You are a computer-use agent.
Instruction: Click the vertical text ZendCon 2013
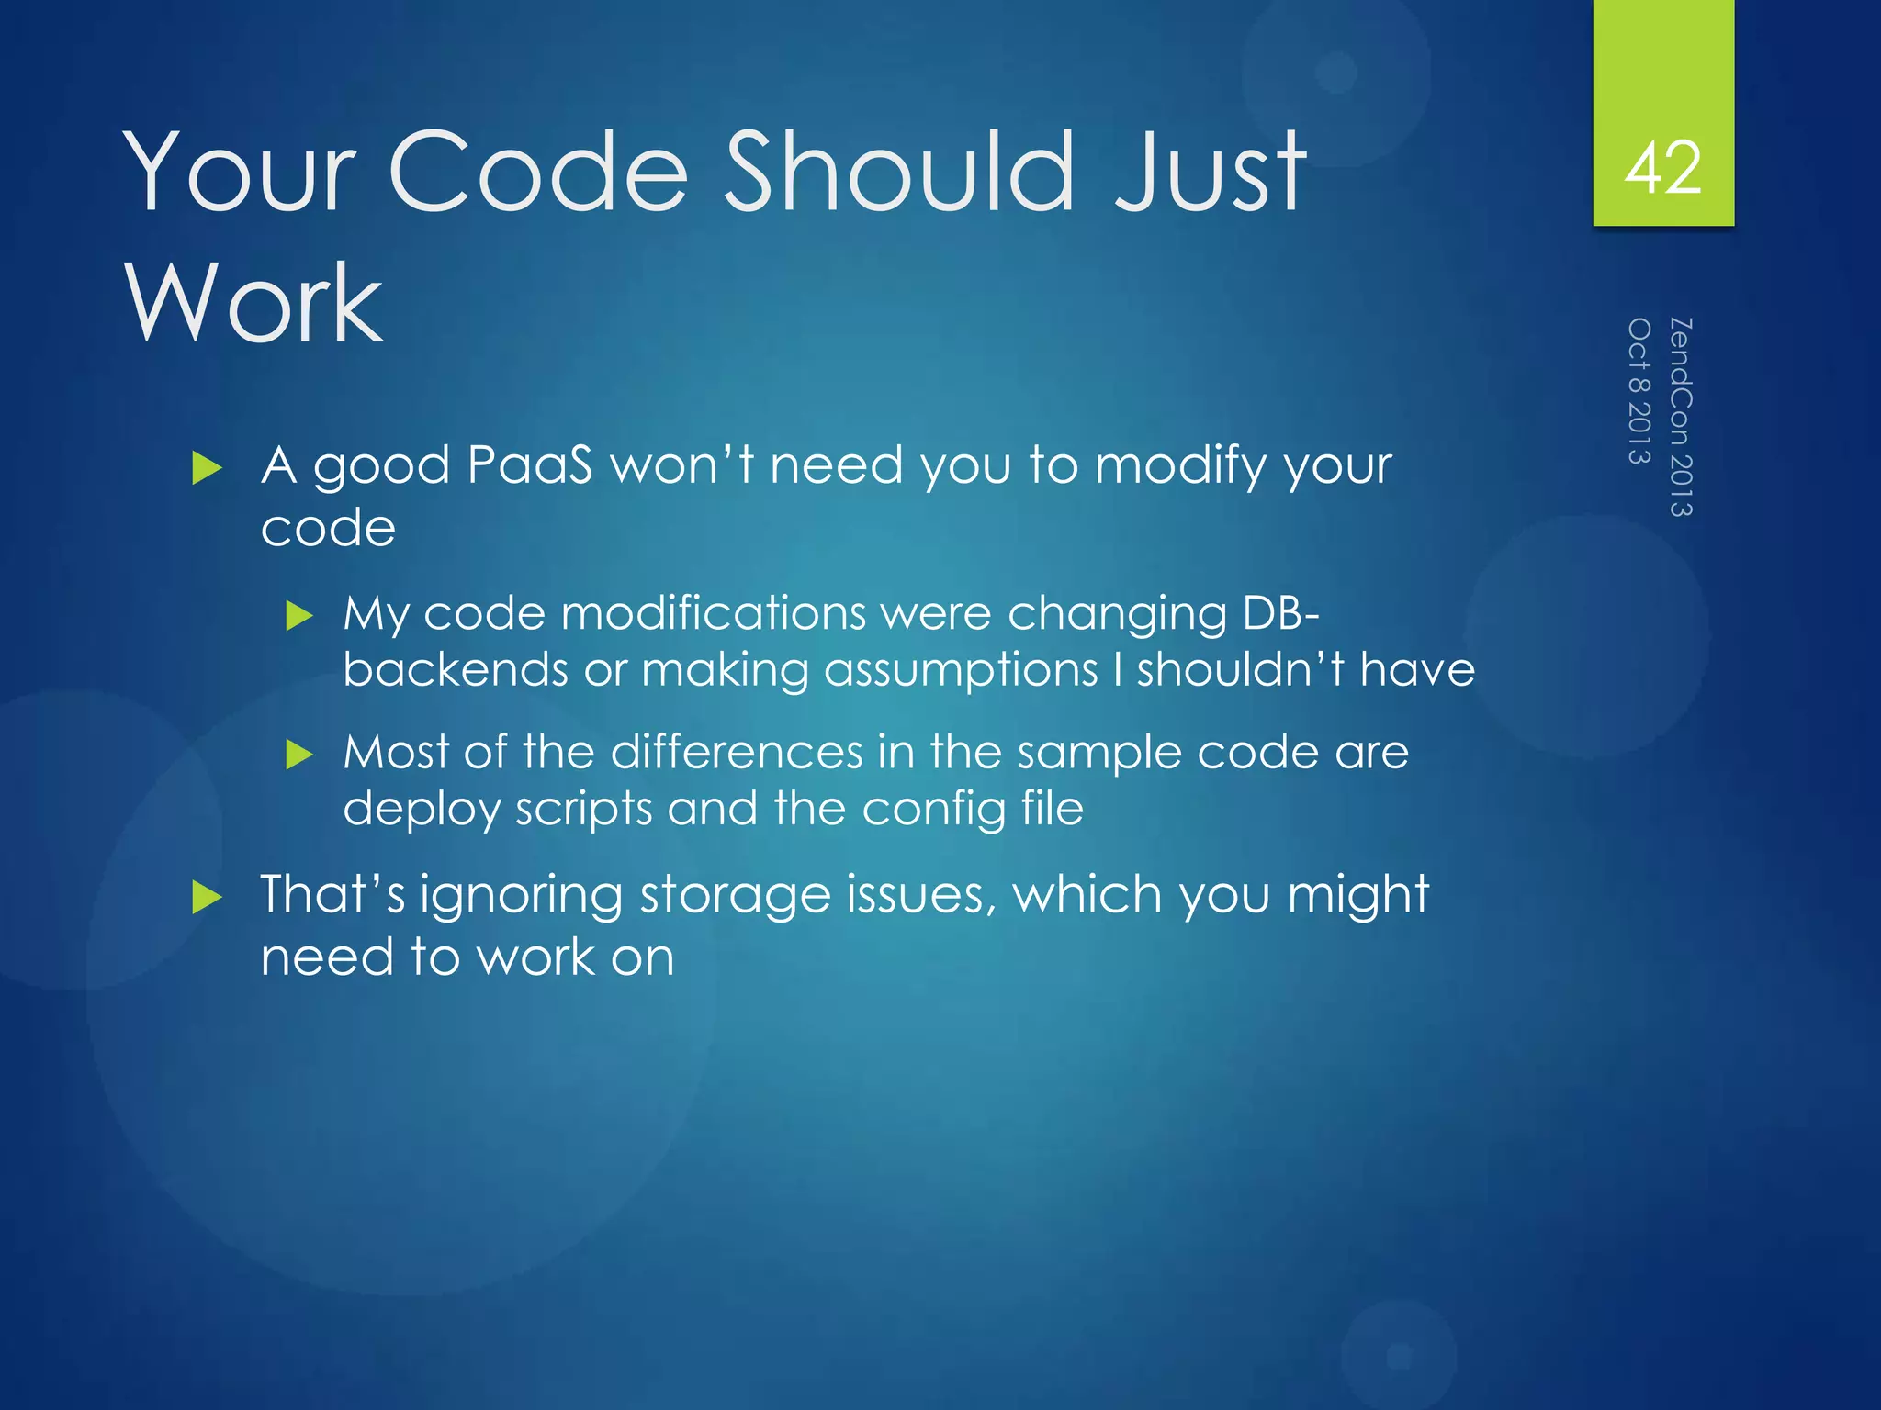click(x=1680, y=417)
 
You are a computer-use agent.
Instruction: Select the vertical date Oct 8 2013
click(x=1639, y=391)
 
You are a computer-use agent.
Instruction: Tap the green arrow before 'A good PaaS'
click(x=207, y=468)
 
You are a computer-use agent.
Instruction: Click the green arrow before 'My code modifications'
click(x=299, y=615)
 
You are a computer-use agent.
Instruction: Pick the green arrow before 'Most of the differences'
click(x=299, y=755)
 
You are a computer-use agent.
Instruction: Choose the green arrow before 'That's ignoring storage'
click(x=207, y=897)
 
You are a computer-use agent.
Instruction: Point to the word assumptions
click(x=960, y=670)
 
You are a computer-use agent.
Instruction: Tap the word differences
click(x=736, y=752)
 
